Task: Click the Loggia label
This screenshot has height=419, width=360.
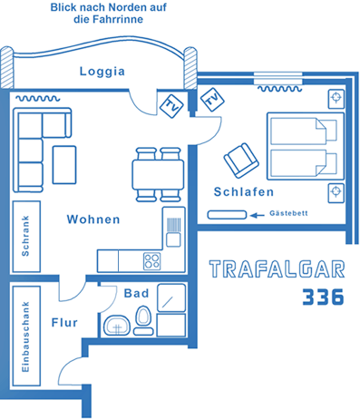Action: pyautogui.click(x=102, y=72)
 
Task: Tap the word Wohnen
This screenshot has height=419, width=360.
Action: pyautogui.click(x=93, y=219)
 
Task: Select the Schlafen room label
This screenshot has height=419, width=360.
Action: pyautogui.click(x=244, y=191)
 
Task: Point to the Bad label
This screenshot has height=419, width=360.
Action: pyautogui.click(x=136, y=293)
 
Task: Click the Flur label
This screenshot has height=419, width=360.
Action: pyautogui.click(x=64, y=323)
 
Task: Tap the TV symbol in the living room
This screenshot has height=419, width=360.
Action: pyautogui.click(x=171, y=106)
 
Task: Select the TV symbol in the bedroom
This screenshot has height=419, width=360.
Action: pyautogui.click(x=212, y=100)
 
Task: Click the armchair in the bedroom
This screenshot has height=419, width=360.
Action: pyautogui.click(x=241, y=161)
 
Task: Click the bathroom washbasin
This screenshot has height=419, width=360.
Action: pyautogui.click(x=117, y=326)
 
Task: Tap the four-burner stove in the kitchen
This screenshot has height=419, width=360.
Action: pyautogui.click(x=151, y=261)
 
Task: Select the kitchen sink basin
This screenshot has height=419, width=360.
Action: pyautogui.click(x=173, y=240)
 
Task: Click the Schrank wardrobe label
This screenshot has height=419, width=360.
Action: pyautogui.click(x=25, y=236)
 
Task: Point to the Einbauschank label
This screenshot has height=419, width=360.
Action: pyautogui.click(x=25, y=336)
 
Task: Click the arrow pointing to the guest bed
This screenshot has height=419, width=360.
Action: pyautogui.click(x=258, y=215)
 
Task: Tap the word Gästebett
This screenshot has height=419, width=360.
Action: pyautogui.click(x=288, y=213)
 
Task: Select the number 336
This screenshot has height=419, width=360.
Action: pyautogui.click(x=323, y=297)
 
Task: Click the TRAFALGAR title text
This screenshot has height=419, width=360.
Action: pyautogui.click(x=277, y=269)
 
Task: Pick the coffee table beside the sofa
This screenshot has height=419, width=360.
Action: pyautogui.click(x=64, y=165)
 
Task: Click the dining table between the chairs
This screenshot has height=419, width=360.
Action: pyautogui.click(x=158, y=175)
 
